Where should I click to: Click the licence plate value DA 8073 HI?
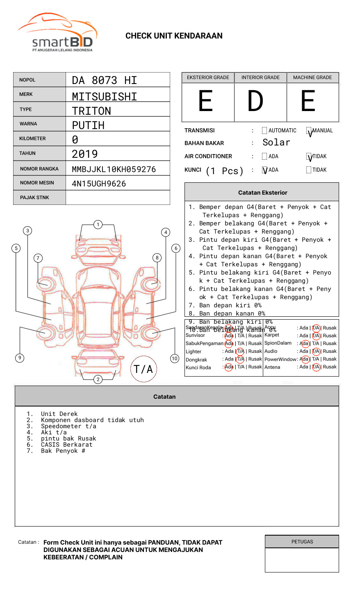pyautogui.click(x=104, y=80)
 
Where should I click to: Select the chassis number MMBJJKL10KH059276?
pyautogui.click(x=114, y=169)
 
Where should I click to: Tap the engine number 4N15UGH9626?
pyautogui.click(x=99, y=184)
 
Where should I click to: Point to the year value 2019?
pyautogui.click(x=84, y=154)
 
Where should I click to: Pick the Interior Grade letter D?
pyautogui.click(x=255, y=101)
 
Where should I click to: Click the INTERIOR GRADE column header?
pyautogui.click(x=260, y=77)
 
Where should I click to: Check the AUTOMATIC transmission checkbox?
pyautogui.click(x=264, y=131)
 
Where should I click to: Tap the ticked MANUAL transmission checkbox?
pyautogui.click(x=309, y=131)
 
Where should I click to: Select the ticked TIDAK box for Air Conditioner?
pyautogui.click(x=309, y=157)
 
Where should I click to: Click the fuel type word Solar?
pyautogui.click(x=276, y=143)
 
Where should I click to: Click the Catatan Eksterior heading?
pyautogui.click(x=262, y=193)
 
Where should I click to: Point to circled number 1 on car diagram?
pyautogui.click(x=98, y=225)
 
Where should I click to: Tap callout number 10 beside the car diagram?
pyautogui.click(x=175, y=359)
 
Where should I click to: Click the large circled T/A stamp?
pyautogui.click(x=144, y=369)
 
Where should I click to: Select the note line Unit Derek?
pyautogui.click(x=59, y=414)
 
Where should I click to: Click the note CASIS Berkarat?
pyautogui.click(x=66, y=445)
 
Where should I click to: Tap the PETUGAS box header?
pyautogui.click(x=302, y=542)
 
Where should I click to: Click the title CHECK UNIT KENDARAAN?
pyautogui.click(x=174, y=36)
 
